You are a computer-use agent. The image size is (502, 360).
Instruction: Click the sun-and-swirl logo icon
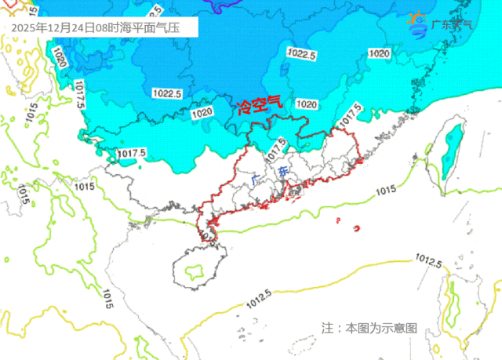(x=419, y=24)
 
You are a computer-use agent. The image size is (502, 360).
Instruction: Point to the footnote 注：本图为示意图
(x=369, y=328)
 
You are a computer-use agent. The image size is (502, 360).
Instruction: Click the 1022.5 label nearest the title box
(x=167, y=93)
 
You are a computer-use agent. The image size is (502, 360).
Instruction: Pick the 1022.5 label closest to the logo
(x=301, y=55)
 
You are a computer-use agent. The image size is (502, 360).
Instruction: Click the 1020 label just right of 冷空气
(x=307, y=104)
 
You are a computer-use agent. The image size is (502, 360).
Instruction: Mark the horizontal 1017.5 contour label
(x=132, y=152)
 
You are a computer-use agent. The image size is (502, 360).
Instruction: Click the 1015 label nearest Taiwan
(x=384, y=191)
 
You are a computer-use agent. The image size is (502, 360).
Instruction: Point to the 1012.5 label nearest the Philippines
(x=429, y=259)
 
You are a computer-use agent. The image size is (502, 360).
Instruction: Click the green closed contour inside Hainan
(x=191, y=273)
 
